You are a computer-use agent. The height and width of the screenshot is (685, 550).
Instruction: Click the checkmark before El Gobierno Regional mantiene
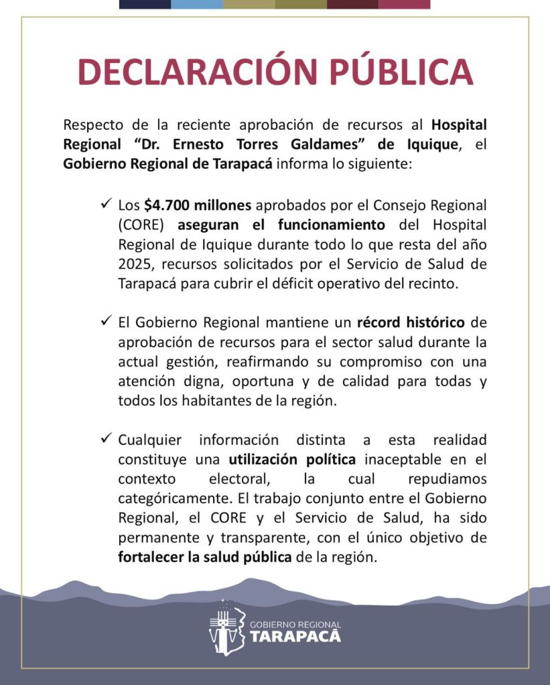(x=105, y=322)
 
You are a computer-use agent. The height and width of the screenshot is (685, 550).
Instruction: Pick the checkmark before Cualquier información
(x=105, y=439)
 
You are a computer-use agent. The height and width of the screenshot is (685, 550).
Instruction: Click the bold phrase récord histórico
(x=411, y=322)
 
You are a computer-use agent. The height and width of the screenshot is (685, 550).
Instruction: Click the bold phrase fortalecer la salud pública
(x=205, y=557)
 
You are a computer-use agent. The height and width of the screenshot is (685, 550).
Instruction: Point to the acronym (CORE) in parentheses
(x=141, y=224)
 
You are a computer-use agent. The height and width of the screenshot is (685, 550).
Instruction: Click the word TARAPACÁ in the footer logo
(x=295, y=635)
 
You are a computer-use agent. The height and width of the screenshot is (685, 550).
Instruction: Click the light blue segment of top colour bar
(x=197, y=4)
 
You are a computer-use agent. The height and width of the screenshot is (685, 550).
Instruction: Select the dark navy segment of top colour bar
(x=145, y=4)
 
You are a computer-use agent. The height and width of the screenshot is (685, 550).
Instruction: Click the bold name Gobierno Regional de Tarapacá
(x=167, y=165)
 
